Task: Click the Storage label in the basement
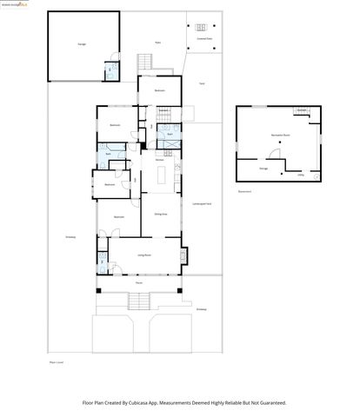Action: pos(263,168)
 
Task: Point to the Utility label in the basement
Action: pos(300,175)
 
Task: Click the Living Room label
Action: pos(144,254)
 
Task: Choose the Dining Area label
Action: pos(161,214)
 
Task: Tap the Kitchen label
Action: pos(160,161)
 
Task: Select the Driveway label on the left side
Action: pos(70,236)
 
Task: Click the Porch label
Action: pos(139,283)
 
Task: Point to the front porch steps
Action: pos(139,301)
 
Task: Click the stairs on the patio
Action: pos(146,63)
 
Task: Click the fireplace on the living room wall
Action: pos(183,255)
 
